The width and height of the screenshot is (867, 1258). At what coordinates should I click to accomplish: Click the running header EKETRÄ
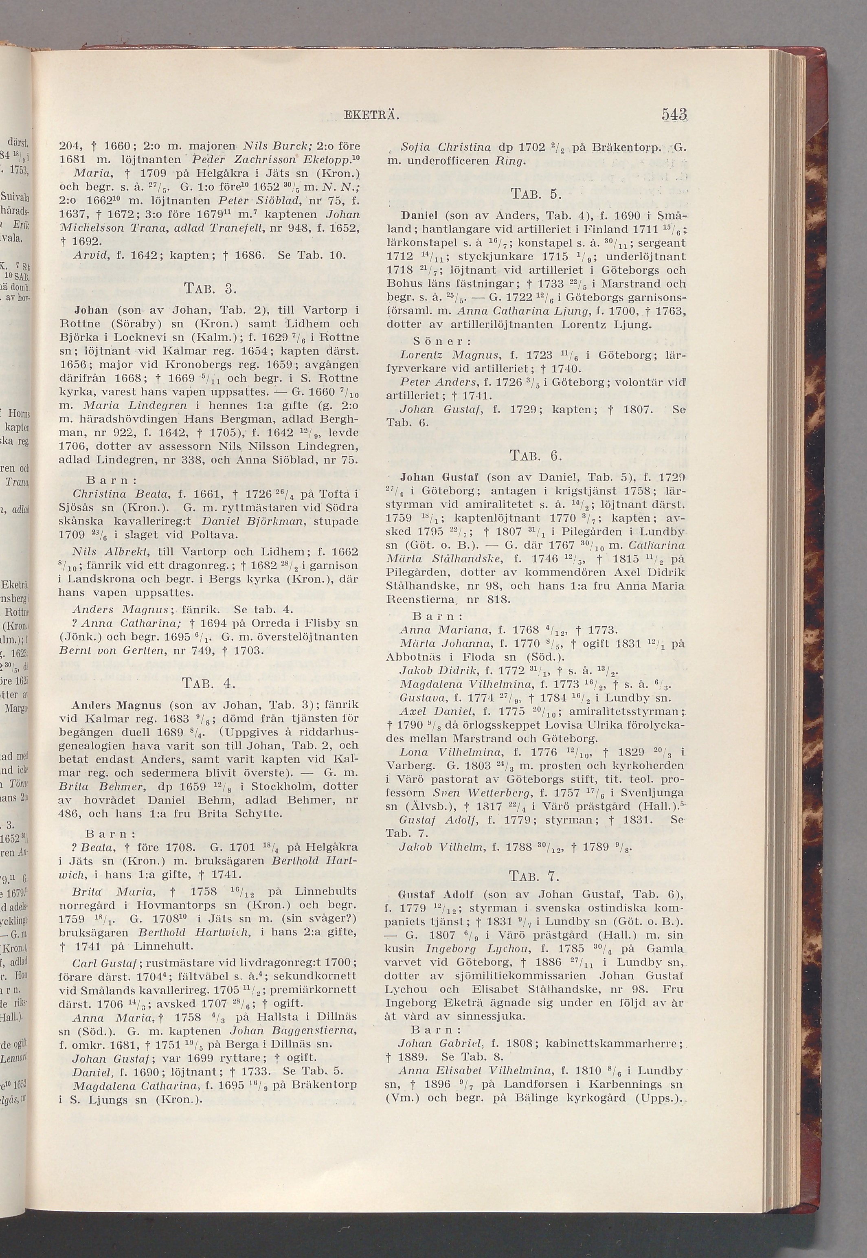point(372,116)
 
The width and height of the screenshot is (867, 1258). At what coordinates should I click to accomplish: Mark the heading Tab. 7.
point(535,876)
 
